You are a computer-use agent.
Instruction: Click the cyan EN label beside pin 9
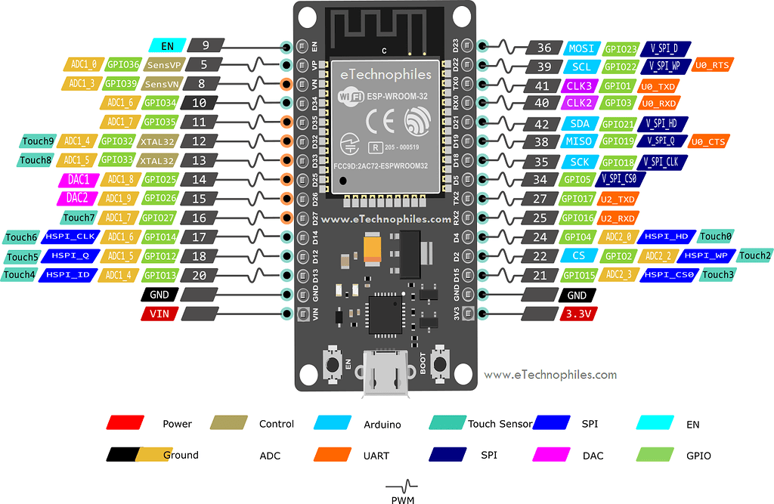[x=167, y=46]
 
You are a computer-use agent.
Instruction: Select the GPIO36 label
[x=122, y=65]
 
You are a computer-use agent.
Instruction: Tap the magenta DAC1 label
[x=78, y=180]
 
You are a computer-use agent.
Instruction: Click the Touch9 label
[x=38, y=141]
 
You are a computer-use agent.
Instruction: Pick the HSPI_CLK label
[x=69, y=237]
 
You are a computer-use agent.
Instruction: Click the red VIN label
[x=159, y=313]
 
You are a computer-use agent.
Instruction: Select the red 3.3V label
[x=577, y=313]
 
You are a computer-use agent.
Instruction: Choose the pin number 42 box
[x=540, y=124]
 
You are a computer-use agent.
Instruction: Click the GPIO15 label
[x=579, y=275]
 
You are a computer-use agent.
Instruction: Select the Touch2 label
[x=754, y=256]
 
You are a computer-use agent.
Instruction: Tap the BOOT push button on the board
[x=438, y=365]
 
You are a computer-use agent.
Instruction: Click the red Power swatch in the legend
[x=125, y=423]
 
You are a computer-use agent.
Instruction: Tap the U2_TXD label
[x=617, y=199]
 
